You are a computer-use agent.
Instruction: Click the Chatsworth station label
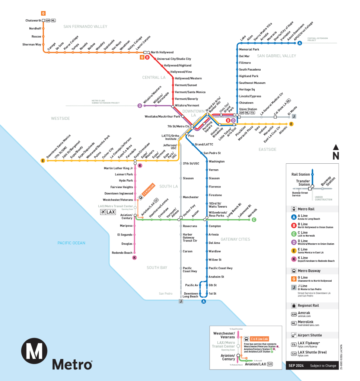click(33, 20)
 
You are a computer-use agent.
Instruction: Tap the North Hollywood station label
click(162, 52)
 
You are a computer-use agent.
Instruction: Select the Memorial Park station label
click(249, 49)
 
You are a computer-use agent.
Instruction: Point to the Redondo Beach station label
click(122, 253)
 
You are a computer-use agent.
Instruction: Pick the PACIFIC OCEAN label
click(71, 243)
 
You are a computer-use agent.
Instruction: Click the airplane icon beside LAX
click(103, 212)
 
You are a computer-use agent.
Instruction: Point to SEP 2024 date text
click(296, 366)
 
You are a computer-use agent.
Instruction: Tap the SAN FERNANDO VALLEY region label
click(85, 27)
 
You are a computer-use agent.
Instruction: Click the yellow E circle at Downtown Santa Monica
click(43, 161)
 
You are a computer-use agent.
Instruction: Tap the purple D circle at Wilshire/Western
click(140, 106)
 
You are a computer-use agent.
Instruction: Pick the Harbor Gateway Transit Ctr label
click(190, 237)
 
